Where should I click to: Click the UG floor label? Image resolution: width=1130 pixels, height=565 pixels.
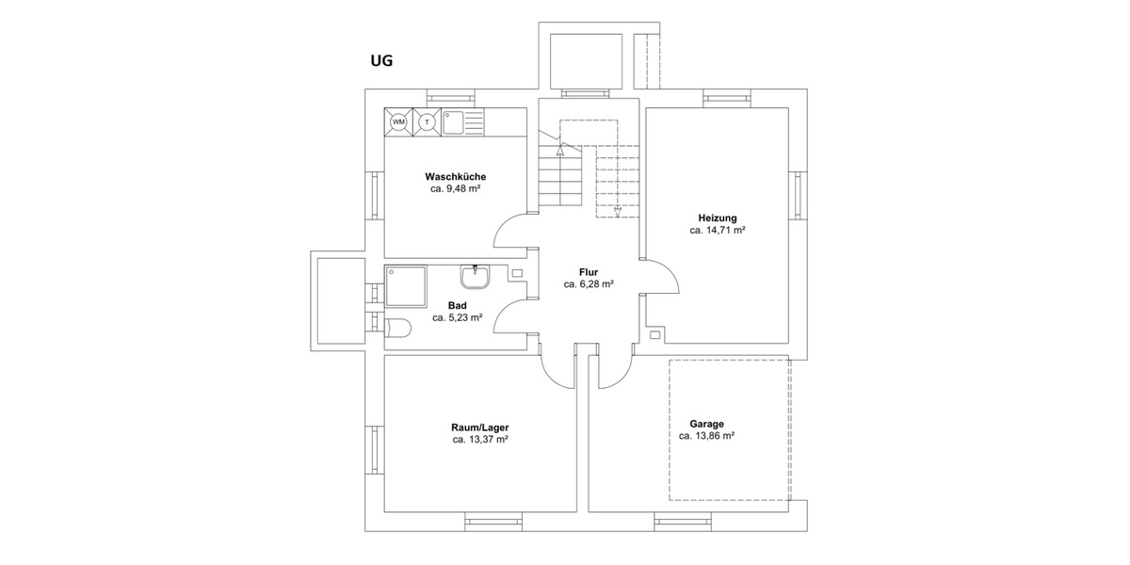[x=380, y=62]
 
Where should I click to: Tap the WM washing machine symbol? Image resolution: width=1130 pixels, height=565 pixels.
[x=398, y=122]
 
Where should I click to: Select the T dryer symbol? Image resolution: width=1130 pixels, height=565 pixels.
[x=427, y=122]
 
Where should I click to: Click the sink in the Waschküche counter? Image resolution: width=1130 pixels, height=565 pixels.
[x=454, y=122]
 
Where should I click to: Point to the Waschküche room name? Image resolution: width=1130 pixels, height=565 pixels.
[x=455, y=176]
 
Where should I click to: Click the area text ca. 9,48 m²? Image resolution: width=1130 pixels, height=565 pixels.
[x=455, y=189]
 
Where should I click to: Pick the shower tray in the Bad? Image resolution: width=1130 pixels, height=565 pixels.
[x=405, y=285]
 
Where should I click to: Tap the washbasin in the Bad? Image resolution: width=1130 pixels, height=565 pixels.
[x=475, y=277]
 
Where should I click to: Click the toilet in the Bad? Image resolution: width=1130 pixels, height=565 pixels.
[x=397, y=328]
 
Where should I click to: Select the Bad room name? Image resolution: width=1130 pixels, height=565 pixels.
[x=458, y=305]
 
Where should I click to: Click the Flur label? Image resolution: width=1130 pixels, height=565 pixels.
[x=589, y=271]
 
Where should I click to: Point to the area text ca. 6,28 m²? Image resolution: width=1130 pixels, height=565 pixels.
[x=589, y=283]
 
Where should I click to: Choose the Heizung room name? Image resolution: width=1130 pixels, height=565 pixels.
[x=718, y=218]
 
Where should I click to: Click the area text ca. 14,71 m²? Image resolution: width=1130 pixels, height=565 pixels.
[x=718, y=230]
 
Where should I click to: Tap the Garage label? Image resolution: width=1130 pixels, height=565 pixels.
[x=705, y=424]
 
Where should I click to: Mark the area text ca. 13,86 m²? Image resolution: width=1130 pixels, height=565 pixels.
[x=705, y=436]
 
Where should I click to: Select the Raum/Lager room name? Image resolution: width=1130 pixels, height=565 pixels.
[x=480, y=427]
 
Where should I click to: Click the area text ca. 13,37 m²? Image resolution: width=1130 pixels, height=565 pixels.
[x=480, y=439]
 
